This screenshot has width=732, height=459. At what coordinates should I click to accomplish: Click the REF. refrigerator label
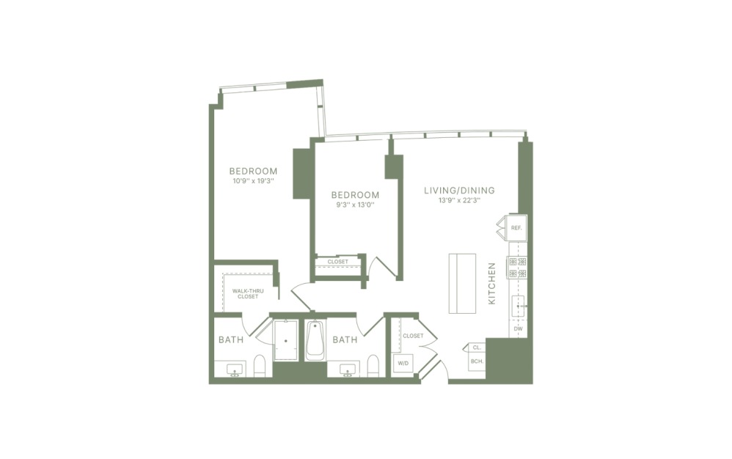(516, 229)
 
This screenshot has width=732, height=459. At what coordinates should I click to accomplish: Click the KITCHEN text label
(492, 284)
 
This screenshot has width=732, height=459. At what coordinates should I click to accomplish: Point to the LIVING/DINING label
(459, 191)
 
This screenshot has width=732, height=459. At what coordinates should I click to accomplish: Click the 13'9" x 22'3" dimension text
(459, 200)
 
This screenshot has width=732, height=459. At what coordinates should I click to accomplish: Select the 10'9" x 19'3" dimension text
(253, 180)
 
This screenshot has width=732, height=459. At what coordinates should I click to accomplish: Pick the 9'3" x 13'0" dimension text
(355, 205)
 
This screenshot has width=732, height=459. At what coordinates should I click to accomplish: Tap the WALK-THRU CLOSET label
(245, 294)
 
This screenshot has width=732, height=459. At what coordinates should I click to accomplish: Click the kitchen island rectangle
(462, 283)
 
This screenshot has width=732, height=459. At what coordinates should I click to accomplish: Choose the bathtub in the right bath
(315, 340)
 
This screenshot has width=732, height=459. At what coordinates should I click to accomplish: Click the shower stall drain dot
(285, 341)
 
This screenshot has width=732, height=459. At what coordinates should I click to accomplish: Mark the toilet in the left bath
(259, 366)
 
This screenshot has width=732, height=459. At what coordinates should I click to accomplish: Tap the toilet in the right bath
(373, 366)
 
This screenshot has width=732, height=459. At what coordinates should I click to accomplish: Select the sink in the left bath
(235, 370)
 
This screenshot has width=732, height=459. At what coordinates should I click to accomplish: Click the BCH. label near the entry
(476, 362)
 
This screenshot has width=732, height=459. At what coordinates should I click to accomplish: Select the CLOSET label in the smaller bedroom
(337, 261)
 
